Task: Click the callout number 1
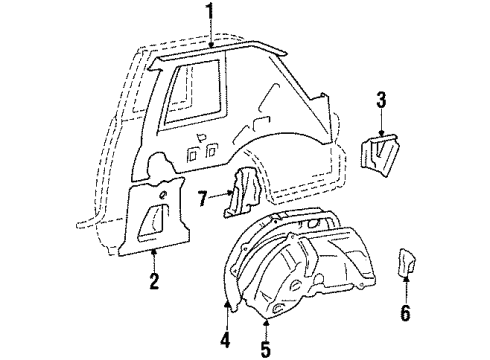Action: point(209,13)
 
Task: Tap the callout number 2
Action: point(154,284)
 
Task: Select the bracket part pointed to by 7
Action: point(240,201)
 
